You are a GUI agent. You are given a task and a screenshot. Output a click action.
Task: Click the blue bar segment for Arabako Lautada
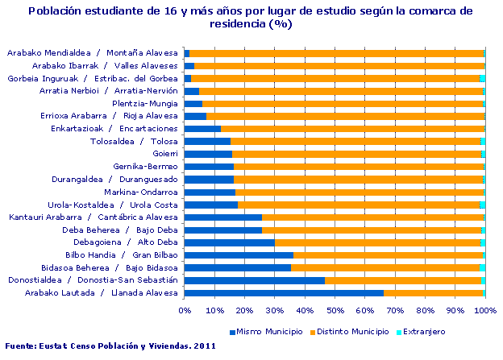[283, 292]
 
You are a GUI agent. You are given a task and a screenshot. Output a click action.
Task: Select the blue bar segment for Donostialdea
[254, 280]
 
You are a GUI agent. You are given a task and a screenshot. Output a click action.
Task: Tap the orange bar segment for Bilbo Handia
[388, 254]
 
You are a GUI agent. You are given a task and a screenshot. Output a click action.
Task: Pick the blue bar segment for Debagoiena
[229, 242]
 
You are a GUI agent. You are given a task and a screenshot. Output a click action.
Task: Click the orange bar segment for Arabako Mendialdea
[336, 53]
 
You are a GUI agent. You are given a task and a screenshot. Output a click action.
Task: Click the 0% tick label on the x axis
[185, 310]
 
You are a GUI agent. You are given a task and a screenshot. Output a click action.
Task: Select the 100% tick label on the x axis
[484, 310]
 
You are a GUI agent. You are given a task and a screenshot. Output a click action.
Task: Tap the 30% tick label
[274, 310]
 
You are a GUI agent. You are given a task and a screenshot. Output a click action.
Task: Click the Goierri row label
[164, 154]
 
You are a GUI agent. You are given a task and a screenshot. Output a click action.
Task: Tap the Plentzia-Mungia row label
[143, 103]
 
